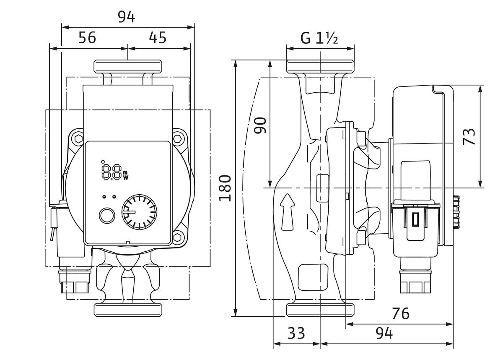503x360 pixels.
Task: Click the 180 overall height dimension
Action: [x=226, y=187]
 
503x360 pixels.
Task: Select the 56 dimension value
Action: [x=87, y=38]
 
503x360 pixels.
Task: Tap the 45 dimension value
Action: [x=158, y=38]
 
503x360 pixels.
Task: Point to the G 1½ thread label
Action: [x=319, y=38]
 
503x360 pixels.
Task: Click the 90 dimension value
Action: [x=261, y=125]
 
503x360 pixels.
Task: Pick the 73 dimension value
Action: [x=471, y=137]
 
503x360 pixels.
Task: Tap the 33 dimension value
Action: [x=296, y=334]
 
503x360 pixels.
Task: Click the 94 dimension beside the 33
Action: [x=384, y=334]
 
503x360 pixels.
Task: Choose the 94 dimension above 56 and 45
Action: [x=126, y=17]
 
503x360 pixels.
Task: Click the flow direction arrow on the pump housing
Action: [x=288, y=211]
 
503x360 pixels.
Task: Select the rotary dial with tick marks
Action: [x=140, y=211]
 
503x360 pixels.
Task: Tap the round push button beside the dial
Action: [x=106, y=216]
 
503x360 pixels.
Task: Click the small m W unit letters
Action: [x=125, y=175]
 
